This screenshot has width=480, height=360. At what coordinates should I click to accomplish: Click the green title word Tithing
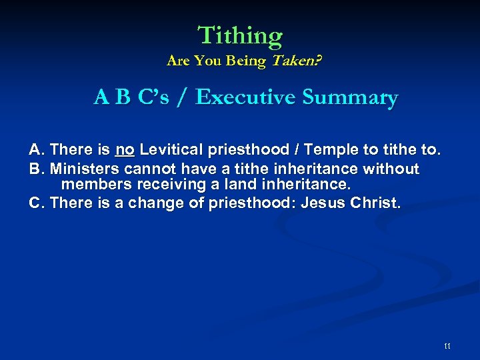(x=240, y=35)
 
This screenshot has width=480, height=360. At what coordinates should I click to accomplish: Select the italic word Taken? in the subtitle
(x=294, y=61)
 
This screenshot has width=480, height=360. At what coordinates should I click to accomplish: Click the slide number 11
(x=447, y=345)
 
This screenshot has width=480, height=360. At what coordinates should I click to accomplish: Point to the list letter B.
(x=36, y=169)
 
